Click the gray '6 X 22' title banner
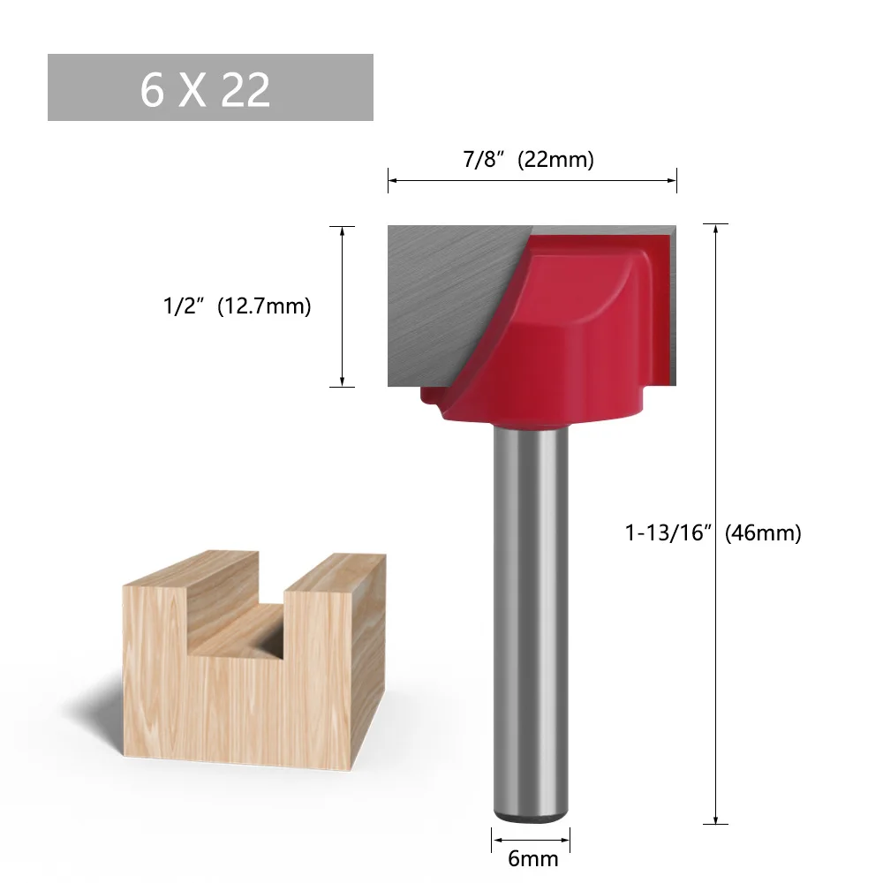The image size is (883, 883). coord(210,87)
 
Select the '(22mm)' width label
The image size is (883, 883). coord(555,160)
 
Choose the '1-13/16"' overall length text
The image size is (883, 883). coord(668,533)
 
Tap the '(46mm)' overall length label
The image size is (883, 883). coord(763,533)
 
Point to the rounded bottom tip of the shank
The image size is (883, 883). coord(530,816)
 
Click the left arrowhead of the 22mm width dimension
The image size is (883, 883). coord(392,181)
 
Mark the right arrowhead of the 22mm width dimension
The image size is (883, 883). coord(673,181)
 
